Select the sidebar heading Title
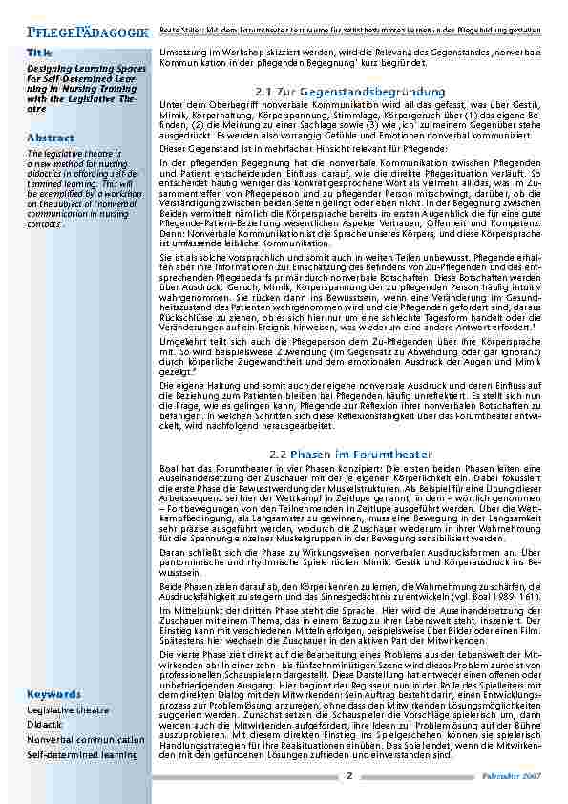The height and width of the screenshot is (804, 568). pyautogui.click(x=40, y=53)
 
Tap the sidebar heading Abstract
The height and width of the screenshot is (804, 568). pyautogui.click(x=51, y=138)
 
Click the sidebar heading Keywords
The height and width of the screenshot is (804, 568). pyautogui.click(x=54, y=694)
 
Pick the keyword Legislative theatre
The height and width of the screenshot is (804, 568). pyautogui.click(x=66, y=711)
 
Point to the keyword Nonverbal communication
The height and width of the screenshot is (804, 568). pyautogui.click(x=86, y=740)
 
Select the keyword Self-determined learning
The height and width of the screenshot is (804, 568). pyautogui.click(x=82, y=754)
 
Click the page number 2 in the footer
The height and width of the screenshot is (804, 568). pyautogui.click(x=349, y=775)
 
